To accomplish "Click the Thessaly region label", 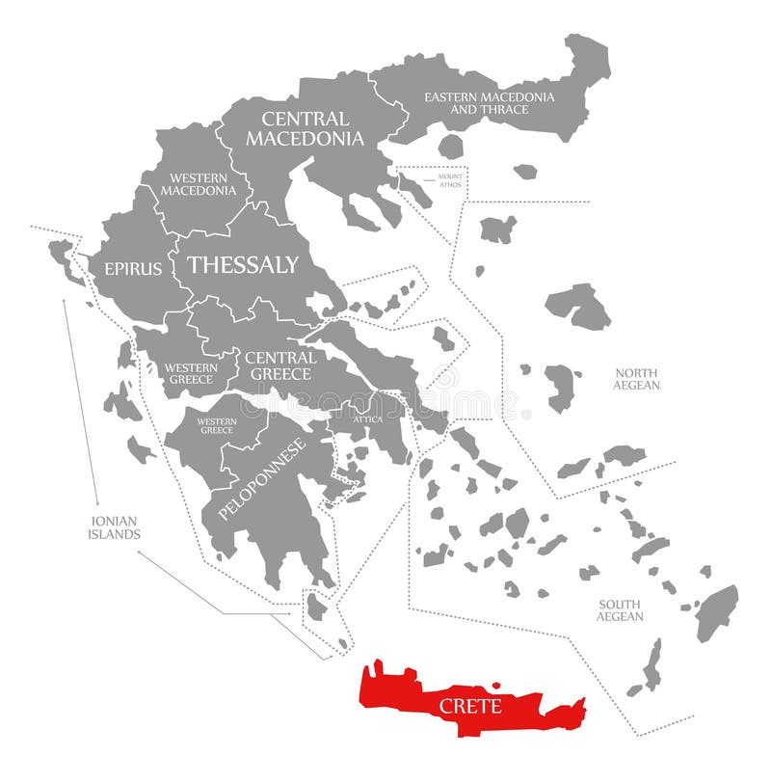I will click(x=243, y=265).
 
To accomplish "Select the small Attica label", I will click(x=367, y=419).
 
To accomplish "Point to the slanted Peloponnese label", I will click(x=262, y=479).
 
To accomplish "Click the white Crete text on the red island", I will click(x=470, y=706).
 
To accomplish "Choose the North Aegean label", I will click(x=636, y=379).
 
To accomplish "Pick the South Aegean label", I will click(x=619, y=609).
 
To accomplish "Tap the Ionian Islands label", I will click(x=115, y=526).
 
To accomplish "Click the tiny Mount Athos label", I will click(x=450, y=180).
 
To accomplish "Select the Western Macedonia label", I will click(x=199, y=183).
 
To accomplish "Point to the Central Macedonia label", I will click(x=305, y=128).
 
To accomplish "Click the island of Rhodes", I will click(x=716, y=611).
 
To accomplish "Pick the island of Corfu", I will click(x=64, y=256).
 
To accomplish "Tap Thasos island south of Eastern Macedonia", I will click(x=450, y=147).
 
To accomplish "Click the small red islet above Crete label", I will click(x=496, y=686).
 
